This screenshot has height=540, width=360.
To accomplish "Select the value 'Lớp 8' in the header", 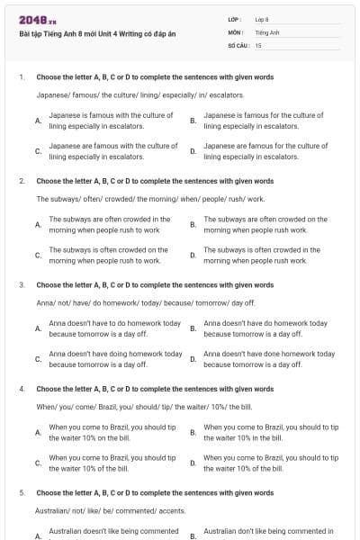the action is (262, 19).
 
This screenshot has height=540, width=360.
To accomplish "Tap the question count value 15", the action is (258, 44).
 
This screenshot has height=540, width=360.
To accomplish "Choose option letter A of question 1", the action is (38, 120).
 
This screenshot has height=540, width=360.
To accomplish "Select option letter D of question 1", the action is (193, 151).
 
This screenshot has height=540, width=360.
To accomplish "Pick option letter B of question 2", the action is (193, 224).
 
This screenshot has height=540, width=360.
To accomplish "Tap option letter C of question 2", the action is (38, 256).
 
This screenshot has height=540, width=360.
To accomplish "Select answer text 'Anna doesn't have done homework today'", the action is (269, 359).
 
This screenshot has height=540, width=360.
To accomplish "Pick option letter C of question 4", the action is (38, 463).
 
